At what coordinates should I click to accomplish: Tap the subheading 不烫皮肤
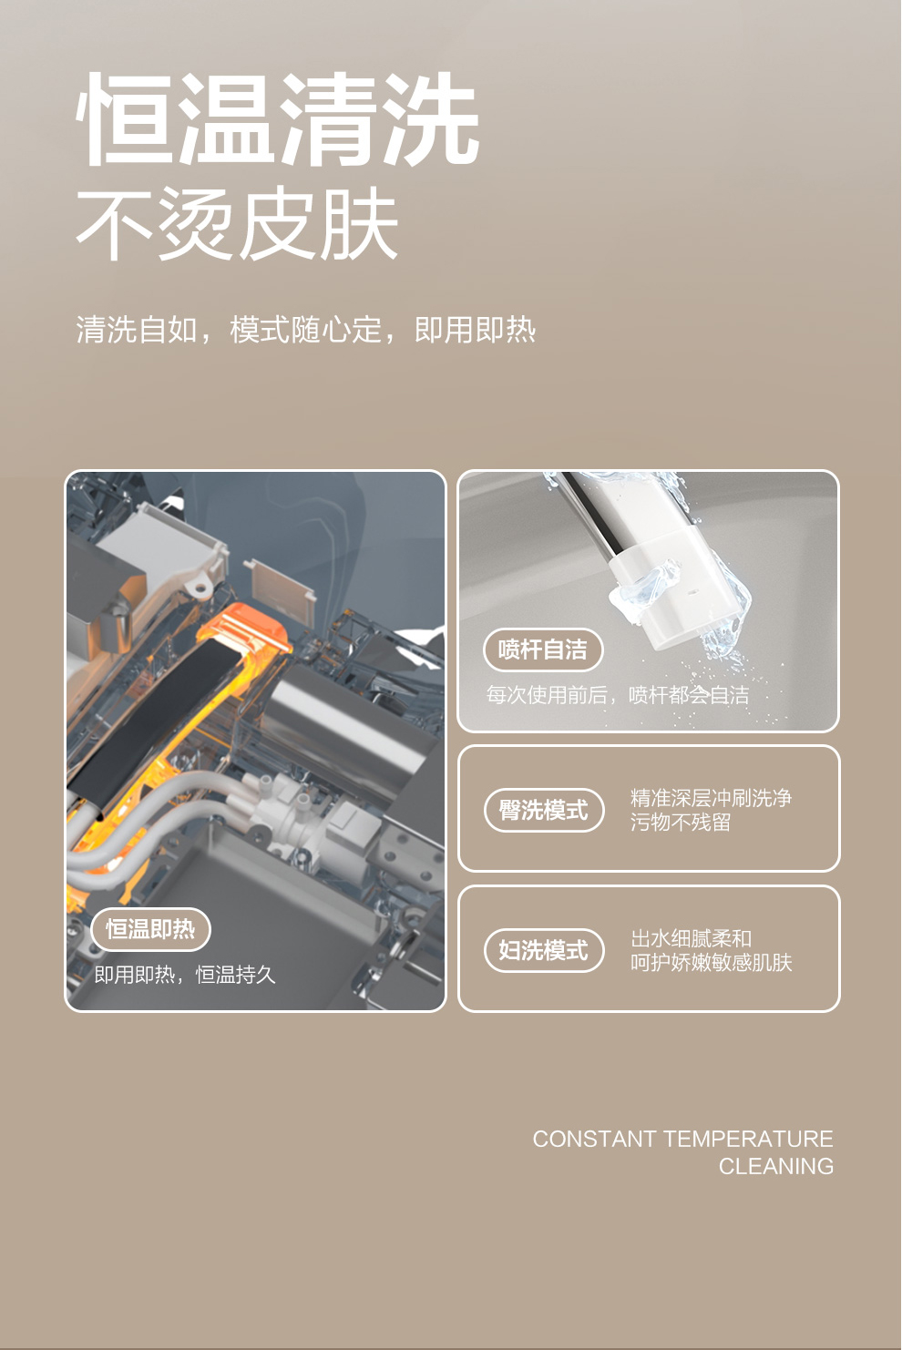[237, 223]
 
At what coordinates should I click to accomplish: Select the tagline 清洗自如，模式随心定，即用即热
[306, 330]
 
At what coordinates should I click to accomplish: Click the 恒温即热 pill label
[150, 929]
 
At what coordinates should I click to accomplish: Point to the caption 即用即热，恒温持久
[184, 975]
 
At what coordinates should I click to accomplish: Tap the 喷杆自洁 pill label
[543, 649]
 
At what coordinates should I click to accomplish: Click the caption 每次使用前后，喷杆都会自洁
[618, 695]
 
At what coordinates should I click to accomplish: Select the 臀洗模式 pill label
[544, 810]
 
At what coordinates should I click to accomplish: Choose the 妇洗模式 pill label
[544, 950]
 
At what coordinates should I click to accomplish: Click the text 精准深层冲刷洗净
[711, 798]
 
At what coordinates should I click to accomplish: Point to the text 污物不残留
[681, 822]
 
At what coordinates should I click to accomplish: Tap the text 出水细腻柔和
[691, 938]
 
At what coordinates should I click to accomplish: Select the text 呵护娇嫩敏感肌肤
[711, 963]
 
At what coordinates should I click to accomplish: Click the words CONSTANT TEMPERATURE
[682, 1139]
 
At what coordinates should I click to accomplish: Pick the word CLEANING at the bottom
[776, 1166]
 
